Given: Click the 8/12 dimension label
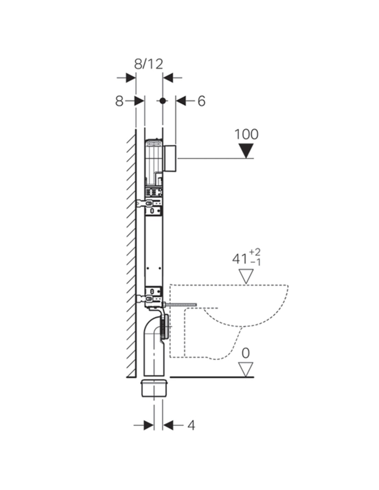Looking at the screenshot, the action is pos(148,64).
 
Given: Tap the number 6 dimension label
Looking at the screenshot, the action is pos(201,101).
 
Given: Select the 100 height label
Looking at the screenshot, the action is pos(246,134).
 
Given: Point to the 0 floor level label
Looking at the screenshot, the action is pos(246,353).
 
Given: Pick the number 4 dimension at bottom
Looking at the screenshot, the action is pos(191,426).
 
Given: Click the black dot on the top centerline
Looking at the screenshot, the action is pos(163,101).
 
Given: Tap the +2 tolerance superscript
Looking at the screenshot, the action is pos(255,252).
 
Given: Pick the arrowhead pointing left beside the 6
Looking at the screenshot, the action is pos(181,101).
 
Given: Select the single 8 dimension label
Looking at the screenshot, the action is pos(119,101).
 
